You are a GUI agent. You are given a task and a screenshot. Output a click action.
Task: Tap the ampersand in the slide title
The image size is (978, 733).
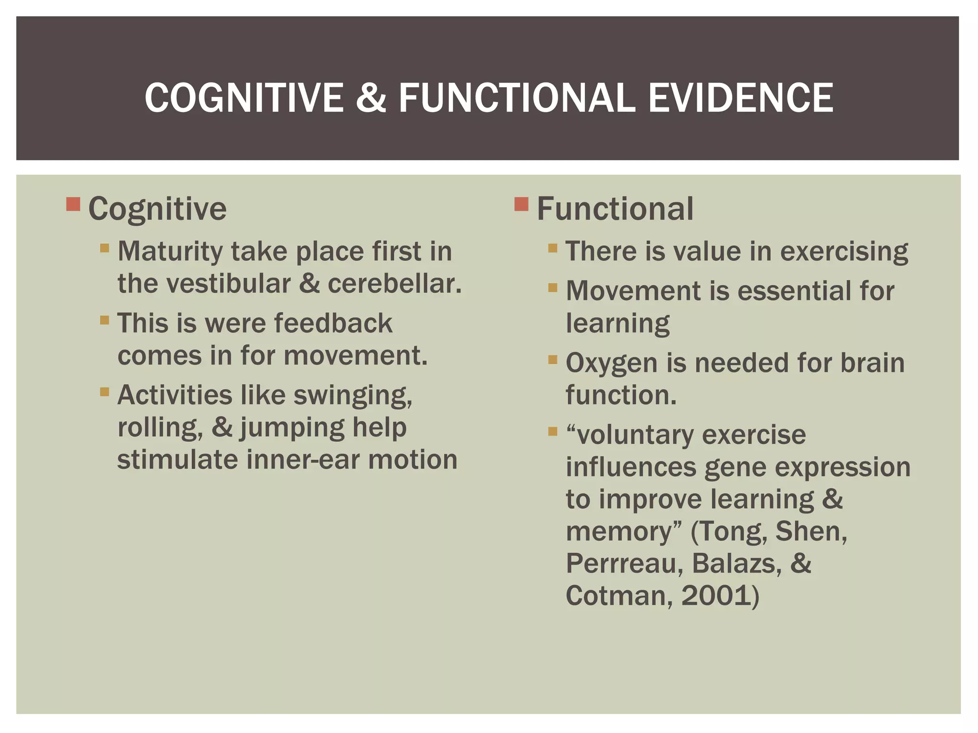tap(371, 98)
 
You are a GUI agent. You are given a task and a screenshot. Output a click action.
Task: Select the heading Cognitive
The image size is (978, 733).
tap(158, 209)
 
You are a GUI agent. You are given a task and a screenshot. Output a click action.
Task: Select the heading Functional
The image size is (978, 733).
tap(615, 209)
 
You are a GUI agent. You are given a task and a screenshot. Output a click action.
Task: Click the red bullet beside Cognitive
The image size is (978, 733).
tap(73, 204)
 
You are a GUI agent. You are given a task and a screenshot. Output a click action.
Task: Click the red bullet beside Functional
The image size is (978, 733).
tap(521, 204)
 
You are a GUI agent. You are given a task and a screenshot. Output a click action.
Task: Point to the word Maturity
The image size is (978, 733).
tap(170, 252)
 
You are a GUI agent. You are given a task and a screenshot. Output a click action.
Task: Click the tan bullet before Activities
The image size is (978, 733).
tap(105, 392)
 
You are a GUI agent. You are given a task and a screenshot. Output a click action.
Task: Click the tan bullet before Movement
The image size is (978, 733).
tap(553, 287)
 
